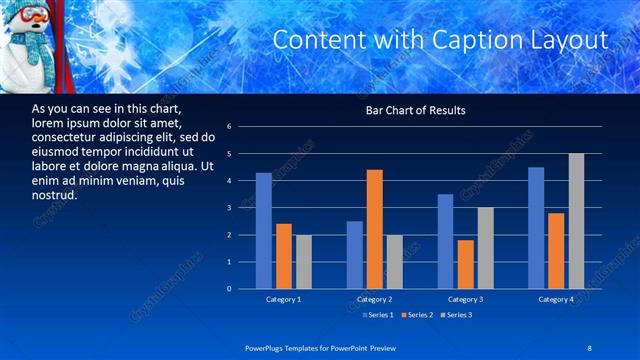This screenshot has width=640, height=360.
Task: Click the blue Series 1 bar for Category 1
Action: click(264, 231)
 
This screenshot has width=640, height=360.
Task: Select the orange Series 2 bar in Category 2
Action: click(375, 229)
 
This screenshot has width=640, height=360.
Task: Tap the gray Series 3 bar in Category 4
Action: click(576, 221)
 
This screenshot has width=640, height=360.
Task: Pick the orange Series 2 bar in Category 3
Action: click(466, 264)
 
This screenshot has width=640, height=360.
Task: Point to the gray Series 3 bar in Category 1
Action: click(303, 262)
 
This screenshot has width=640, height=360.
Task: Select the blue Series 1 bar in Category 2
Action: click(355, 255)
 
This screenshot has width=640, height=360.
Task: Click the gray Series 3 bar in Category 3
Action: click(486, 248)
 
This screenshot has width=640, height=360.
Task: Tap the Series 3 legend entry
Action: click(456, 315)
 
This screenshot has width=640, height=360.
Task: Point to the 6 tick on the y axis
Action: click(229, 127)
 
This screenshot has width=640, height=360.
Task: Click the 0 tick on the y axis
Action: click(229, 289)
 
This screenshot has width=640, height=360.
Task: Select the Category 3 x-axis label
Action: click(466, 299)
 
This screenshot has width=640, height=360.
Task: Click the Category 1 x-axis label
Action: click(283, 299)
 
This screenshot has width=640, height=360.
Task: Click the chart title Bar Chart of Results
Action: click(415, 110)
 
